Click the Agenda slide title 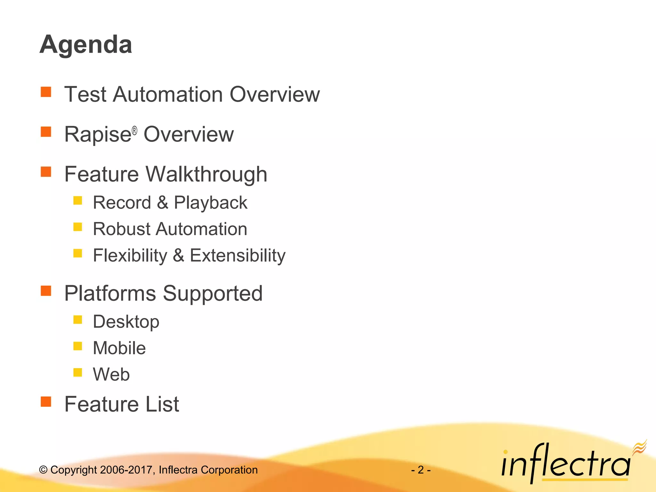pos(86,45)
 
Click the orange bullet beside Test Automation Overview pos(46,92)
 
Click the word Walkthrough pos(206,175)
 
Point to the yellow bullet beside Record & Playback pos(78,201)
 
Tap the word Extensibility pos(237,256)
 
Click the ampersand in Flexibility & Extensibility pos(178,256)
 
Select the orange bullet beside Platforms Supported pos(46,291)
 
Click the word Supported pos(213,294)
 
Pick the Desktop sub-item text pos(126,322)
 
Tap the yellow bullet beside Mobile pos(78,346)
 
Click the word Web pos(111,374)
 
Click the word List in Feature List pos(162,404)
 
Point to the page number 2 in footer pos(421,470)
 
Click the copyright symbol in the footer pos(43,470)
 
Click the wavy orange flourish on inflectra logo pos(639,447)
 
